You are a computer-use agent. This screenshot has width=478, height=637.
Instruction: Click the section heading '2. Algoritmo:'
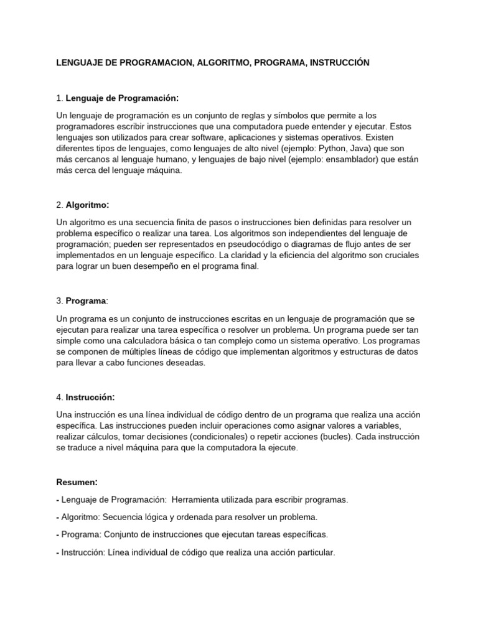click(x=82, y=205)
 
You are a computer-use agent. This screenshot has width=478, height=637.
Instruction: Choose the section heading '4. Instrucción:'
click(x=85, y=397)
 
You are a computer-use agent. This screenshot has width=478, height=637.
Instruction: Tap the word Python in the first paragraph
click(x=334, y=148)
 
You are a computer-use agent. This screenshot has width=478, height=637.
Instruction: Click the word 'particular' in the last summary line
click(x=314, y=552)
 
